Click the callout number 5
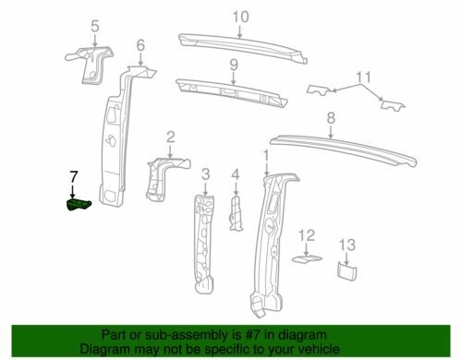(x=95, y=26)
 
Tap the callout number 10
(x=240, y=17)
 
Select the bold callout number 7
(x=73, y=177)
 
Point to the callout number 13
(x=347, y=246)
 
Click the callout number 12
(x=307, y=235)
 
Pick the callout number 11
(x=363, y=78)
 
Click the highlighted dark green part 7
(x=79, y=205)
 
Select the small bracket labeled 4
(x=236, y=213)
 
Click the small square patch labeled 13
(x=347, y=271)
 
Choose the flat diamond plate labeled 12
(x=307, y=259)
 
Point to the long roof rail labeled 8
(x=343, y=150)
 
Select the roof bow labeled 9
(x=232, y=92)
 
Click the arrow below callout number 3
(x=205, y=187)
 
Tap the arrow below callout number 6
(x=140, y=59)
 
